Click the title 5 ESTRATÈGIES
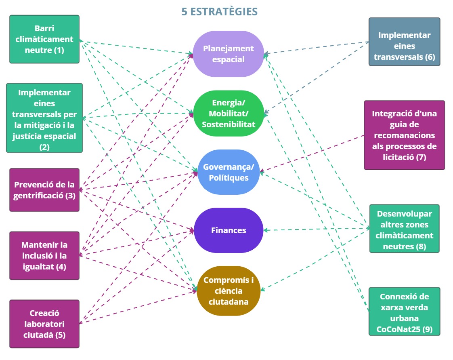[x=219, y=11]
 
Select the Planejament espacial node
[x=228, y=54]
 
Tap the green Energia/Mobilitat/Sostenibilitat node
[x=229, y=114]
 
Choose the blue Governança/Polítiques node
[x=229, y=172]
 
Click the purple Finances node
[x=229, y=230]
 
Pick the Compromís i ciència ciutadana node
[x=229, y=291]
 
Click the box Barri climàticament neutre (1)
[x=44, y=39]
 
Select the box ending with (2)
[x=44, y=118]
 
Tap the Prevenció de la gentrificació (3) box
[x=44, y=190]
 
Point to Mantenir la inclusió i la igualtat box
[x=44, y=255]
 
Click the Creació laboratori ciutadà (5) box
[x=44, y=324]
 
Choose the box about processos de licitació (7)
[x=404, y=135]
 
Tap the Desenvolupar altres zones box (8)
[x=404, y=229]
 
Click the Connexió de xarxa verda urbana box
[x=404, y=312]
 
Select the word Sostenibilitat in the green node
[x=229, y=124]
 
